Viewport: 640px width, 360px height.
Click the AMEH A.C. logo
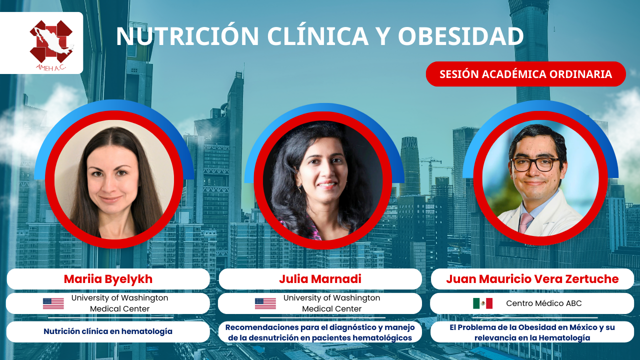51,45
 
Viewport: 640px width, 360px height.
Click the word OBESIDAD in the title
461,36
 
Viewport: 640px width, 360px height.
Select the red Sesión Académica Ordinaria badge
525,74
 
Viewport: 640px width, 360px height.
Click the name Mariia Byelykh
108,279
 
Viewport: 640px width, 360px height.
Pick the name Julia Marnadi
320,279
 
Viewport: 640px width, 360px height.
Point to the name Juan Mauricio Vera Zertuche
532,279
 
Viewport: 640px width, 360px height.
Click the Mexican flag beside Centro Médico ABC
482,303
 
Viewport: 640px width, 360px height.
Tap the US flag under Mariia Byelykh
53,303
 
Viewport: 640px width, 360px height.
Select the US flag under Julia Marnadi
265,303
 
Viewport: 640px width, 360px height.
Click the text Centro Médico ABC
543,303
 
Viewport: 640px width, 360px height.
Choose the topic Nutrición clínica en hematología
108,331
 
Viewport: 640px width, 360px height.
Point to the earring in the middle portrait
299,189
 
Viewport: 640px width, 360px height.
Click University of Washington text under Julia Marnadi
331,297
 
